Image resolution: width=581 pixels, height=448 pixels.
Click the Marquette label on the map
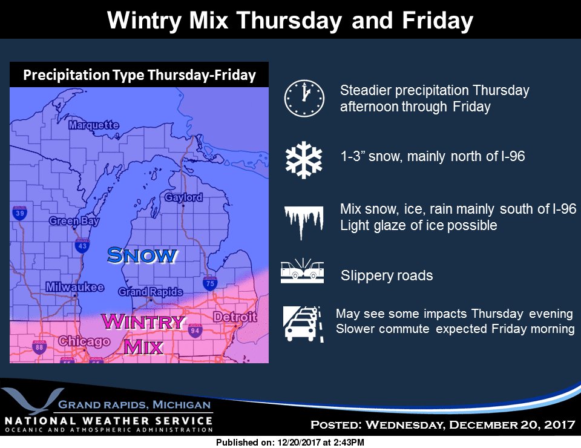click(94, 125)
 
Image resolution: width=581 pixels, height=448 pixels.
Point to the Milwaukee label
click(74, 287)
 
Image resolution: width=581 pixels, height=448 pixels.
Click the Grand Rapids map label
click(151, 292)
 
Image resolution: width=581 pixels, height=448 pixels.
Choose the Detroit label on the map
click(235, 317)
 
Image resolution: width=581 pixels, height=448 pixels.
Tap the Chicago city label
click(84, 341)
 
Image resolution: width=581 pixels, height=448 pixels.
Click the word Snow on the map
click(142, 255)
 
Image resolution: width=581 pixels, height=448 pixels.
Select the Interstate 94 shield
click(195, 330)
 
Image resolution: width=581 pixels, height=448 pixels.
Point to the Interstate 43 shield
click(82, 245)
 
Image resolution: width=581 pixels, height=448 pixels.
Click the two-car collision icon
click(302, 272)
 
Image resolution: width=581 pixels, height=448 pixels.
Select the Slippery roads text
click(387, 276)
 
